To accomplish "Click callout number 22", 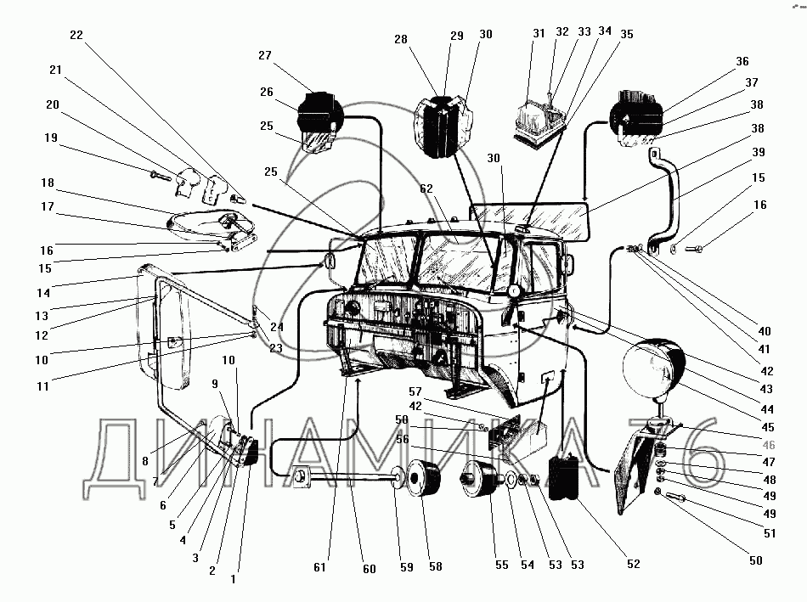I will point(76,35).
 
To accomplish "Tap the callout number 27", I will point(265,55).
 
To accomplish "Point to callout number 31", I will point(539,34).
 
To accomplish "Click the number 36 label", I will point(742,61).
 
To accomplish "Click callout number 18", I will point(47,183).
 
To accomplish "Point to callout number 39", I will point(758,152).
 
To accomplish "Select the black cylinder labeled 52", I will point(566,477).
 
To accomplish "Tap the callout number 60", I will point(369,569).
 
